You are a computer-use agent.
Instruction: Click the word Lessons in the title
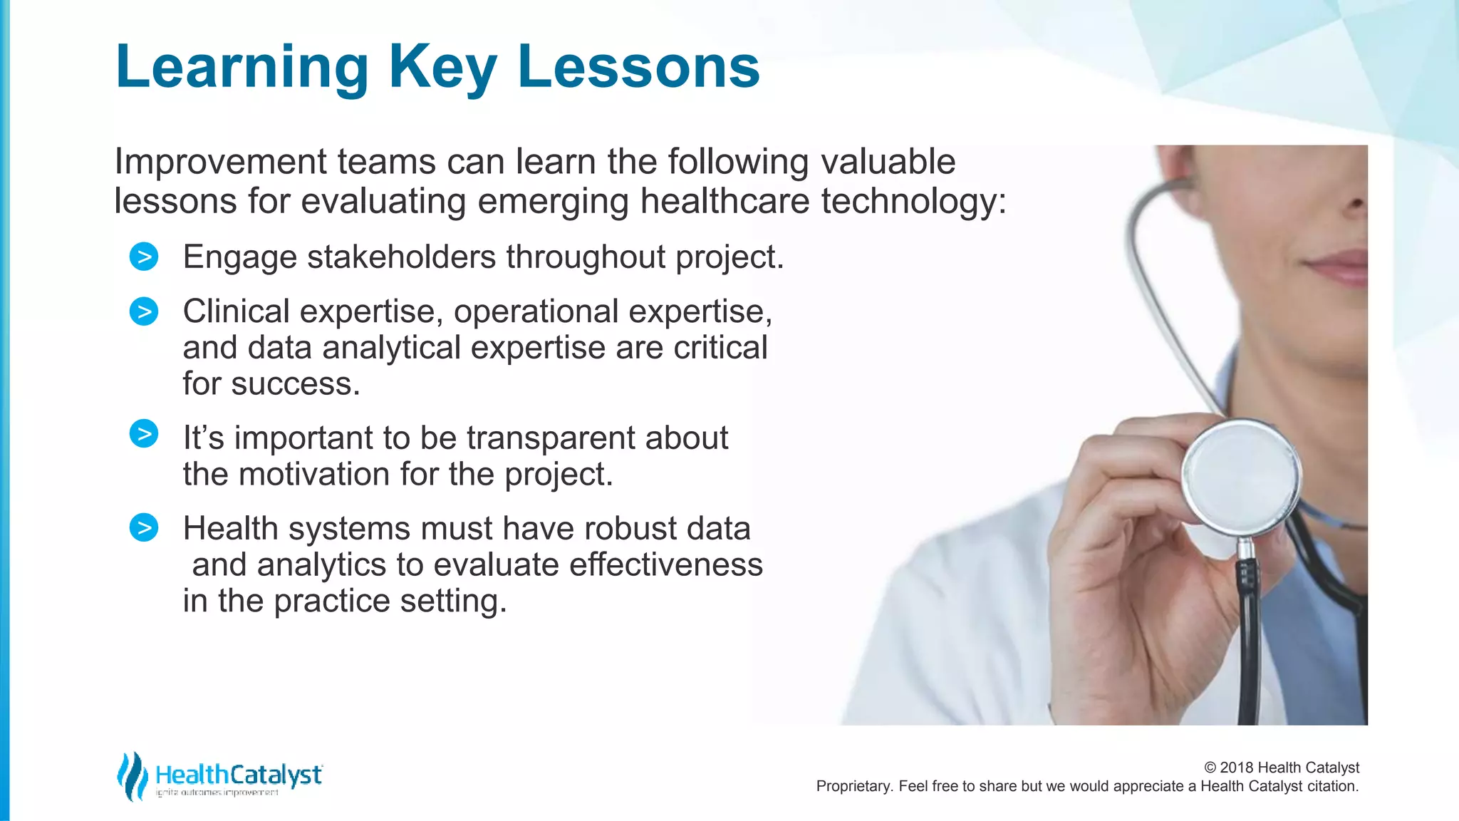pos(638,67)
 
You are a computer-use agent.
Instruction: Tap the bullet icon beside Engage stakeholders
pos(144,257)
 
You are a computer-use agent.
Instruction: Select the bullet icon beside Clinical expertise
pos(144,311)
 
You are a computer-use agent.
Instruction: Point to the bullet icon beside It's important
pos(144,434)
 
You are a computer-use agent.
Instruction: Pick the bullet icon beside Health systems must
pos(144,528)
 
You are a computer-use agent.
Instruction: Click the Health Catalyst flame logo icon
pos(131,776)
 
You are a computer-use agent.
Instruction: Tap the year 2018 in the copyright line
pos(1237,768)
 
